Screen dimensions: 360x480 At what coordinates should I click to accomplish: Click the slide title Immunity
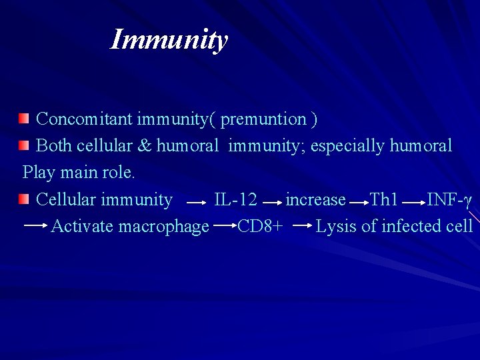[169, 39]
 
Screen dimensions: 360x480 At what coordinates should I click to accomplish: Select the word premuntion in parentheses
[263, 119]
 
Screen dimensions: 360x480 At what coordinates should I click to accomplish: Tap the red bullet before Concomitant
[24, 119]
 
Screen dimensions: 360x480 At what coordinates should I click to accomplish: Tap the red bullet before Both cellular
[24, 145]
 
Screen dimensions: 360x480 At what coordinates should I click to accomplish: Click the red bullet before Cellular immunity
[24, 199]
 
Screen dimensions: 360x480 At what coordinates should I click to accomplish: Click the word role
[119, 173]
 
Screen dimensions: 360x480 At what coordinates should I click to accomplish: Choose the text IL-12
[235, 199]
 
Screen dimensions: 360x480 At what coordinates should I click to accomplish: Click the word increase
[315, 199]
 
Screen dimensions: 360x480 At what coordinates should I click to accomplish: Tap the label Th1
[384, 199]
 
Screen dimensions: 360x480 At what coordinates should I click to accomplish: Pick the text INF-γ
[449, 199]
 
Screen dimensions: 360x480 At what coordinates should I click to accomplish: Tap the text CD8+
[259, 227]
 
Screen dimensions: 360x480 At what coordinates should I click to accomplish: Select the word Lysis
[336, 227]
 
